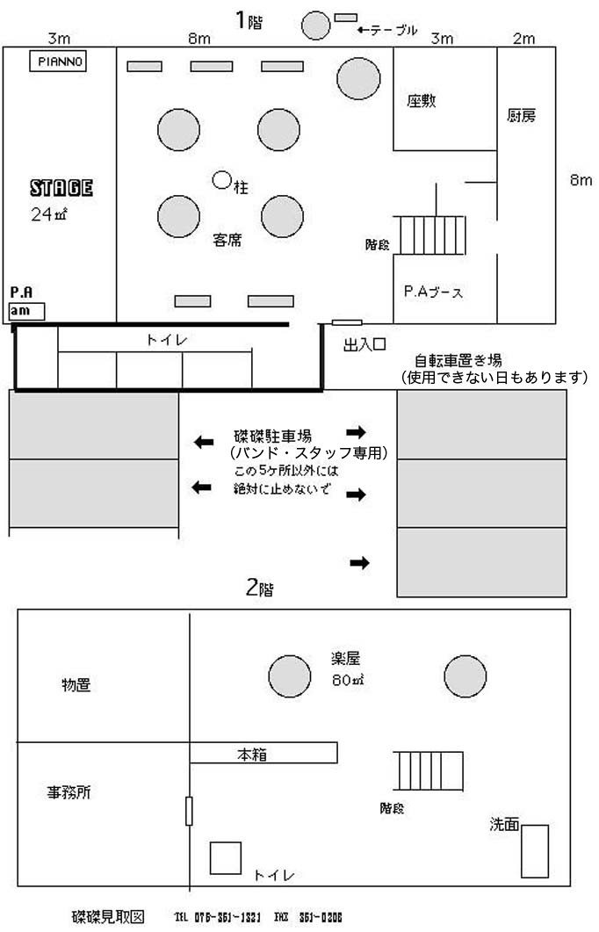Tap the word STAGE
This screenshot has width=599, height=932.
tap(61, 187)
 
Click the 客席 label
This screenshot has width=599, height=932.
tap(228, 238)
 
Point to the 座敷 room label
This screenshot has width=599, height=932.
tap(422, 100)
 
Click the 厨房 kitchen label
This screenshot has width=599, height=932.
tap(522, 115)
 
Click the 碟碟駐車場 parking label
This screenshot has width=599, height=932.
tap(274, 435)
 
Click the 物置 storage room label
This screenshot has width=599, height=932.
tap(76, 684)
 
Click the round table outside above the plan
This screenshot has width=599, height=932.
tap(315, 25)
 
